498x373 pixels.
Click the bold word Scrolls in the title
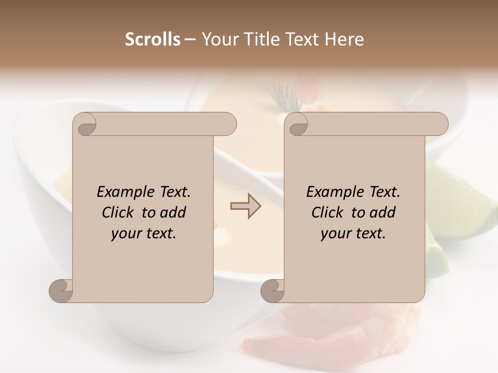pos(153,39)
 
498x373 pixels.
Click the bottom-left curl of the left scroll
pos(61,291)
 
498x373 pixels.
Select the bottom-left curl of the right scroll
pos(272,291)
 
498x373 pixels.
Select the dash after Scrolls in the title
pos(190,39)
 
